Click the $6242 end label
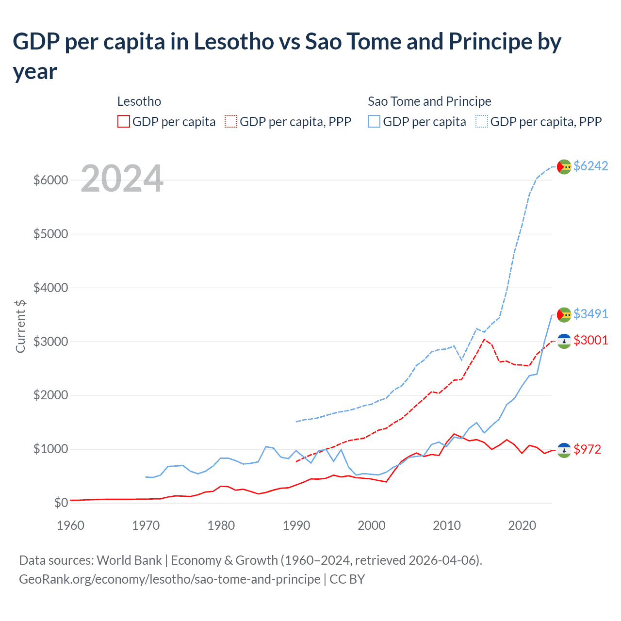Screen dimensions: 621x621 590,166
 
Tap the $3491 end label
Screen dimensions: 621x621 590,314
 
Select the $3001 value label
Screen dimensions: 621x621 590,340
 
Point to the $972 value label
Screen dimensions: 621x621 587,449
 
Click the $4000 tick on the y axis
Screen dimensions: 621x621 50,288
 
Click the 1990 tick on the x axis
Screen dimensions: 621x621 296,525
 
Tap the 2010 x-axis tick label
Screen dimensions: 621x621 446,525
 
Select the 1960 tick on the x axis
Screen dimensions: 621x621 71,525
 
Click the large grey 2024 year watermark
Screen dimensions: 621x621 122,179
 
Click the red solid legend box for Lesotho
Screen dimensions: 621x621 124,121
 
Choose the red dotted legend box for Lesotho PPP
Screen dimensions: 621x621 231,121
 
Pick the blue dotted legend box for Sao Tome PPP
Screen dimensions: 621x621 482,121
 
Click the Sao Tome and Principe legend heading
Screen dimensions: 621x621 429,101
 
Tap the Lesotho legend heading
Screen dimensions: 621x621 139,101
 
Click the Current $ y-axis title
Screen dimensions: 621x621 20,327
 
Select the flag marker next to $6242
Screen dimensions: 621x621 564,166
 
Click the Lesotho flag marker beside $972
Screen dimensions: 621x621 564,450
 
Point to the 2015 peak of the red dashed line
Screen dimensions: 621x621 484,339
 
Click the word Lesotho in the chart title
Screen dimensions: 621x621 234,42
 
